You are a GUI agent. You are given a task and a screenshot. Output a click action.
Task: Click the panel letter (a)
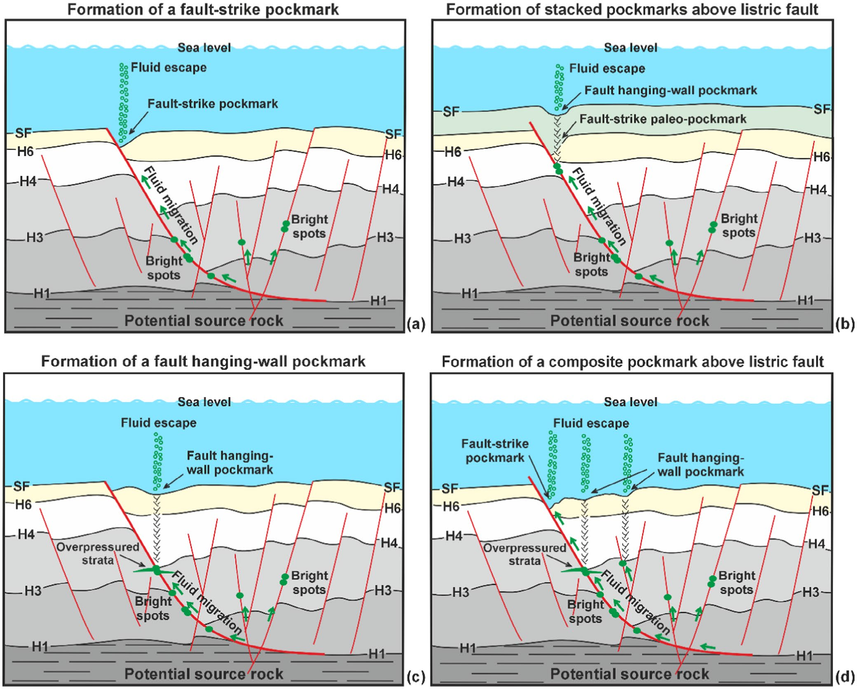click(415, 325)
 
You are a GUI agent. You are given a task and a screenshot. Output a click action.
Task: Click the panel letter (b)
click(845, 325)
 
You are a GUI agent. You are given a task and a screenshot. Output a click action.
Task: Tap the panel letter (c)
click(415, 677)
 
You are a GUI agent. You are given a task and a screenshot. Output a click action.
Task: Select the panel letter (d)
click(845, 677)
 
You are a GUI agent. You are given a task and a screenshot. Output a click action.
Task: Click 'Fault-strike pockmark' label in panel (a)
click(213, 104)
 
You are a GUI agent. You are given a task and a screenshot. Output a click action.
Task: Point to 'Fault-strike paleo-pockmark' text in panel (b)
click(663, 120)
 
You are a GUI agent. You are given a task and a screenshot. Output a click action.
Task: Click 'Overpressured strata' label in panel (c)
click(98, 553)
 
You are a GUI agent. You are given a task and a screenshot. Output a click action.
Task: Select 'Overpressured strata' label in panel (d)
click(525, 554)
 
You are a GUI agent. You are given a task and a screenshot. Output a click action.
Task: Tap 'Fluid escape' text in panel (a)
click(169, 68)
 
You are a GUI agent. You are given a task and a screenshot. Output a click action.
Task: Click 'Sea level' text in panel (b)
click(630, 48)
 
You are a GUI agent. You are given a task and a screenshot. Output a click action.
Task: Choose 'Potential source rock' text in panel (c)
click(204, 674)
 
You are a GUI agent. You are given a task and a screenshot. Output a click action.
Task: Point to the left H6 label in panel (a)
click(25, 152)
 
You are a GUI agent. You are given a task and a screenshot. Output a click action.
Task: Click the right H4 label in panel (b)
click(818, 190)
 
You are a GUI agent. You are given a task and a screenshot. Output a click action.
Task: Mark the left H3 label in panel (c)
click(33, 591)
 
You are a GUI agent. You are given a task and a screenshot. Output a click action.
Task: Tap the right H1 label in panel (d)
click(804, 655)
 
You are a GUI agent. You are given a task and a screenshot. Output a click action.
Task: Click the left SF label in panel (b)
click(451, 111)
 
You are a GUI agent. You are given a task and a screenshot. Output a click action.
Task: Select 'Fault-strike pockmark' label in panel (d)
click(494, 451)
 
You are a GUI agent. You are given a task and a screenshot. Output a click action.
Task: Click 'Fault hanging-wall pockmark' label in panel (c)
click(230, 463)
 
